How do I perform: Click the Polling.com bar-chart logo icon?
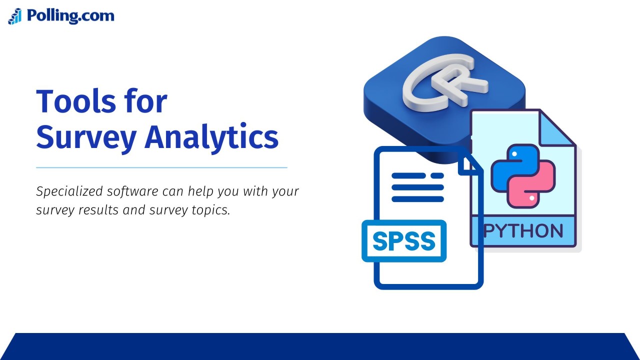(15, 16)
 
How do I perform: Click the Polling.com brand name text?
(70, 15)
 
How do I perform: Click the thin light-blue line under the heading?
(161, 167)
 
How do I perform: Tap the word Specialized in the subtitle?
(67, 191)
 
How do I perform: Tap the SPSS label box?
(404, 241)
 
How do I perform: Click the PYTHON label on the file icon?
(523, 231)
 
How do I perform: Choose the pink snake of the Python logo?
(537, 185)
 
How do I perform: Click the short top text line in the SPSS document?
(437, 176)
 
